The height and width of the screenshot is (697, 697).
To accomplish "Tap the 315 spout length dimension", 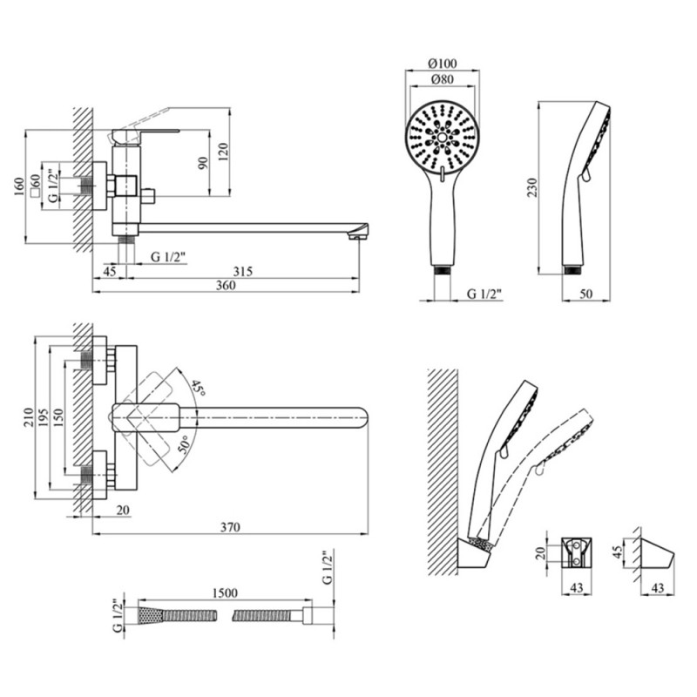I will tap(243, 272).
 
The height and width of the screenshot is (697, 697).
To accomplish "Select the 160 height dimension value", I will tap(19, 187).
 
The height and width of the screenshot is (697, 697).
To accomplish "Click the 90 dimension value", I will tap(203, 162).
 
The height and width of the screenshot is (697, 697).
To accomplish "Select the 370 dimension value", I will tap(229, 527).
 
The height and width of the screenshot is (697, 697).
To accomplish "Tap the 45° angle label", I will tap(198, 388).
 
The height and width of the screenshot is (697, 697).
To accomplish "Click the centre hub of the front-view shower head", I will tap(443, 137).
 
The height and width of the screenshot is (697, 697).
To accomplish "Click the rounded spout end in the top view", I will tap(364, 419).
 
